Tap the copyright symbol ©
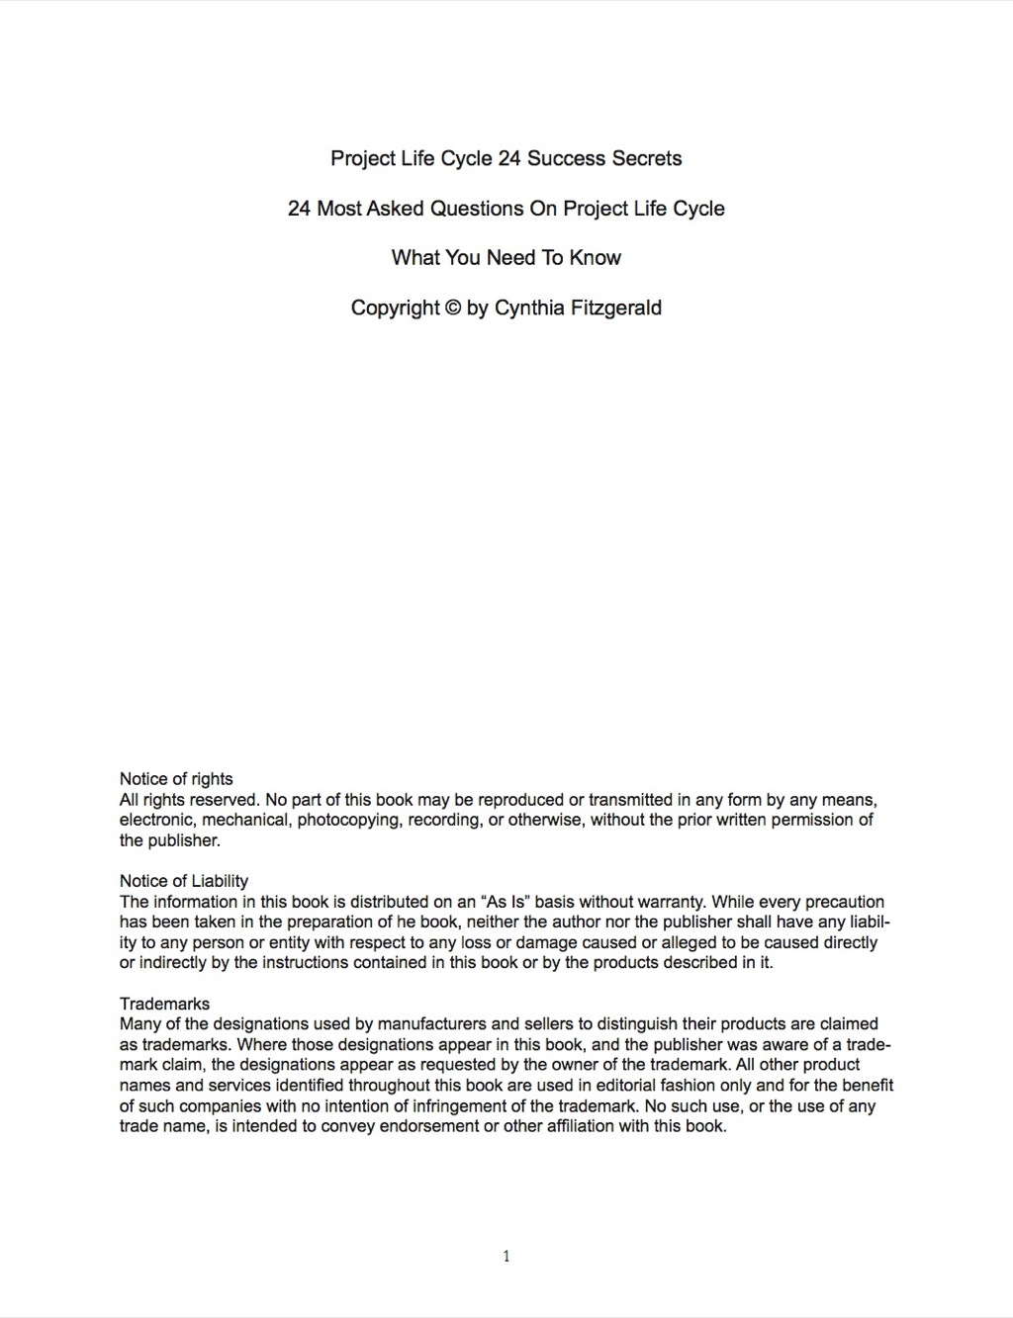[x=452, y=308]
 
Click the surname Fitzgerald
[x=616, y=308]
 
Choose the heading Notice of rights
[x=176, y=779]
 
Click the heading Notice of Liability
[x=184, y=881]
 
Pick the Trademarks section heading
[x=164, y=1004]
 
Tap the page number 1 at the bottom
[x=506, y=1257]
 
